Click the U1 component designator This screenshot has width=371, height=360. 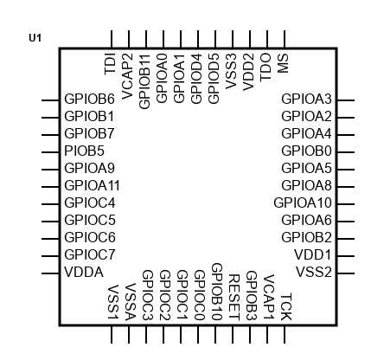[x=35, y=38]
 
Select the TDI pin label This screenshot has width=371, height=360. [x=111, y=64]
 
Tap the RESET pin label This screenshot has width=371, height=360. [x=234, y=298]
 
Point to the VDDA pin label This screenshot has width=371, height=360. [x=84, y=273]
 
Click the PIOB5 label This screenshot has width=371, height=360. [x=84, y=151]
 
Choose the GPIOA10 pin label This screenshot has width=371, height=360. [x=303, y=202]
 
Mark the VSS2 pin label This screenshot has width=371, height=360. [x=314, y=272]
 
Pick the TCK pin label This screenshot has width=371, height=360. [x=286, y=306]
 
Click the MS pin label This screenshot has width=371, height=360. [x=283, y=63]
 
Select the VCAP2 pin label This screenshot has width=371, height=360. [x=127, y=76]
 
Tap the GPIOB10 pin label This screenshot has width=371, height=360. [x=217, y=292]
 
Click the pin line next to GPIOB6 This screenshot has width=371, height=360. [x=50, y=100]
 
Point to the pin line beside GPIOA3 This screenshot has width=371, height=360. [x=346, y=100]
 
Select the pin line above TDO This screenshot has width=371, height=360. [x=267, y=40]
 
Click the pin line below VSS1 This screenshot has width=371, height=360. [x=112, y=335]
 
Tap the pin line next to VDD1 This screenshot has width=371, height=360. [x=346, y=256]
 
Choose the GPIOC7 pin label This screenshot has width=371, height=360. [x=90, y=254]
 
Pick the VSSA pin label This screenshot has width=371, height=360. [x=131, y=302]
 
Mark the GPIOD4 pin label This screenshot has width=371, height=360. [x=196, y=79]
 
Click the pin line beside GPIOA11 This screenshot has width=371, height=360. [x=50, y=187]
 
